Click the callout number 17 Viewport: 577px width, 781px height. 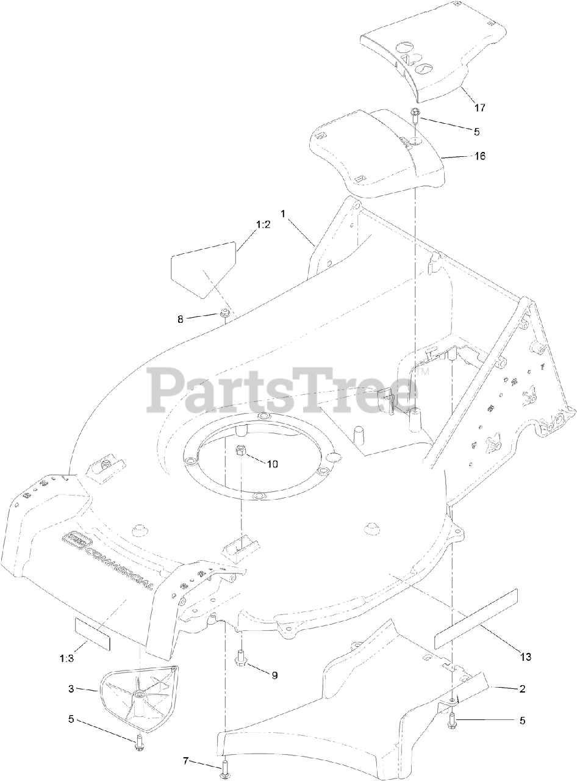[x=479, y=108]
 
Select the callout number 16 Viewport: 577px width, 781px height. [x=479, y=156]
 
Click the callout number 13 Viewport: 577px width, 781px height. [x=525, y=657]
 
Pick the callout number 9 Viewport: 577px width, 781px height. [x=274, y=675]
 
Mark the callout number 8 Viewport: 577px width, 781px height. [x=180, y=319]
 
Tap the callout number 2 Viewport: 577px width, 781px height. [x=522, y=689]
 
